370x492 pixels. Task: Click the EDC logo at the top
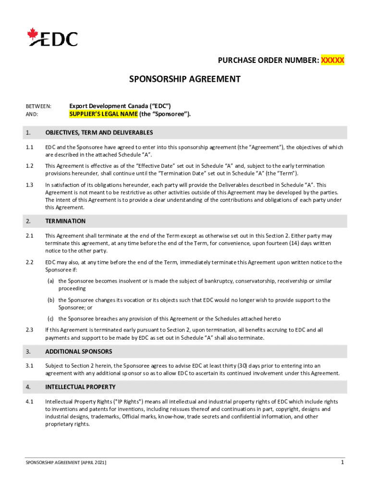click(53, 37)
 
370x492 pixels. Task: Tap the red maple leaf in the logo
click(33, 33)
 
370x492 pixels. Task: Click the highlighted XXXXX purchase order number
click(333, 61)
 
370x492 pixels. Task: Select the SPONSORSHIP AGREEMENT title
click(185, 79)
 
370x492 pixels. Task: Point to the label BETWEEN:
click(38, 106)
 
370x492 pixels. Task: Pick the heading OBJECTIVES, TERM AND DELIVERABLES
click(99, 132)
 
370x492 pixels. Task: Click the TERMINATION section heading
click(65, 221)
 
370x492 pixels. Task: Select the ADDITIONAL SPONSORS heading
click(79, 351)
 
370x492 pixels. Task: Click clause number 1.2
click(30, 166)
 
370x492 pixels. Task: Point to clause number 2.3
click(30, 330)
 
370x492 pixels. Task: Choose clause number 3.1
click(30, 366)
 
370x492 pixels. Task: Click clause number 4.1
click(30, 402)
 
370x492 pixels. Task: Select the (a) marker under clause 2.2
click(50, 281)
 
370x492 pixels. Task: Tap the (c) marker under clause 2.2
click(50, 319)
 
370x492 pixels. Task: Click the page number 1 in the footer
click(342, 462)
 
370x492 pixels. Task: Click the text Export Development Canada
click(107, 106)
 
